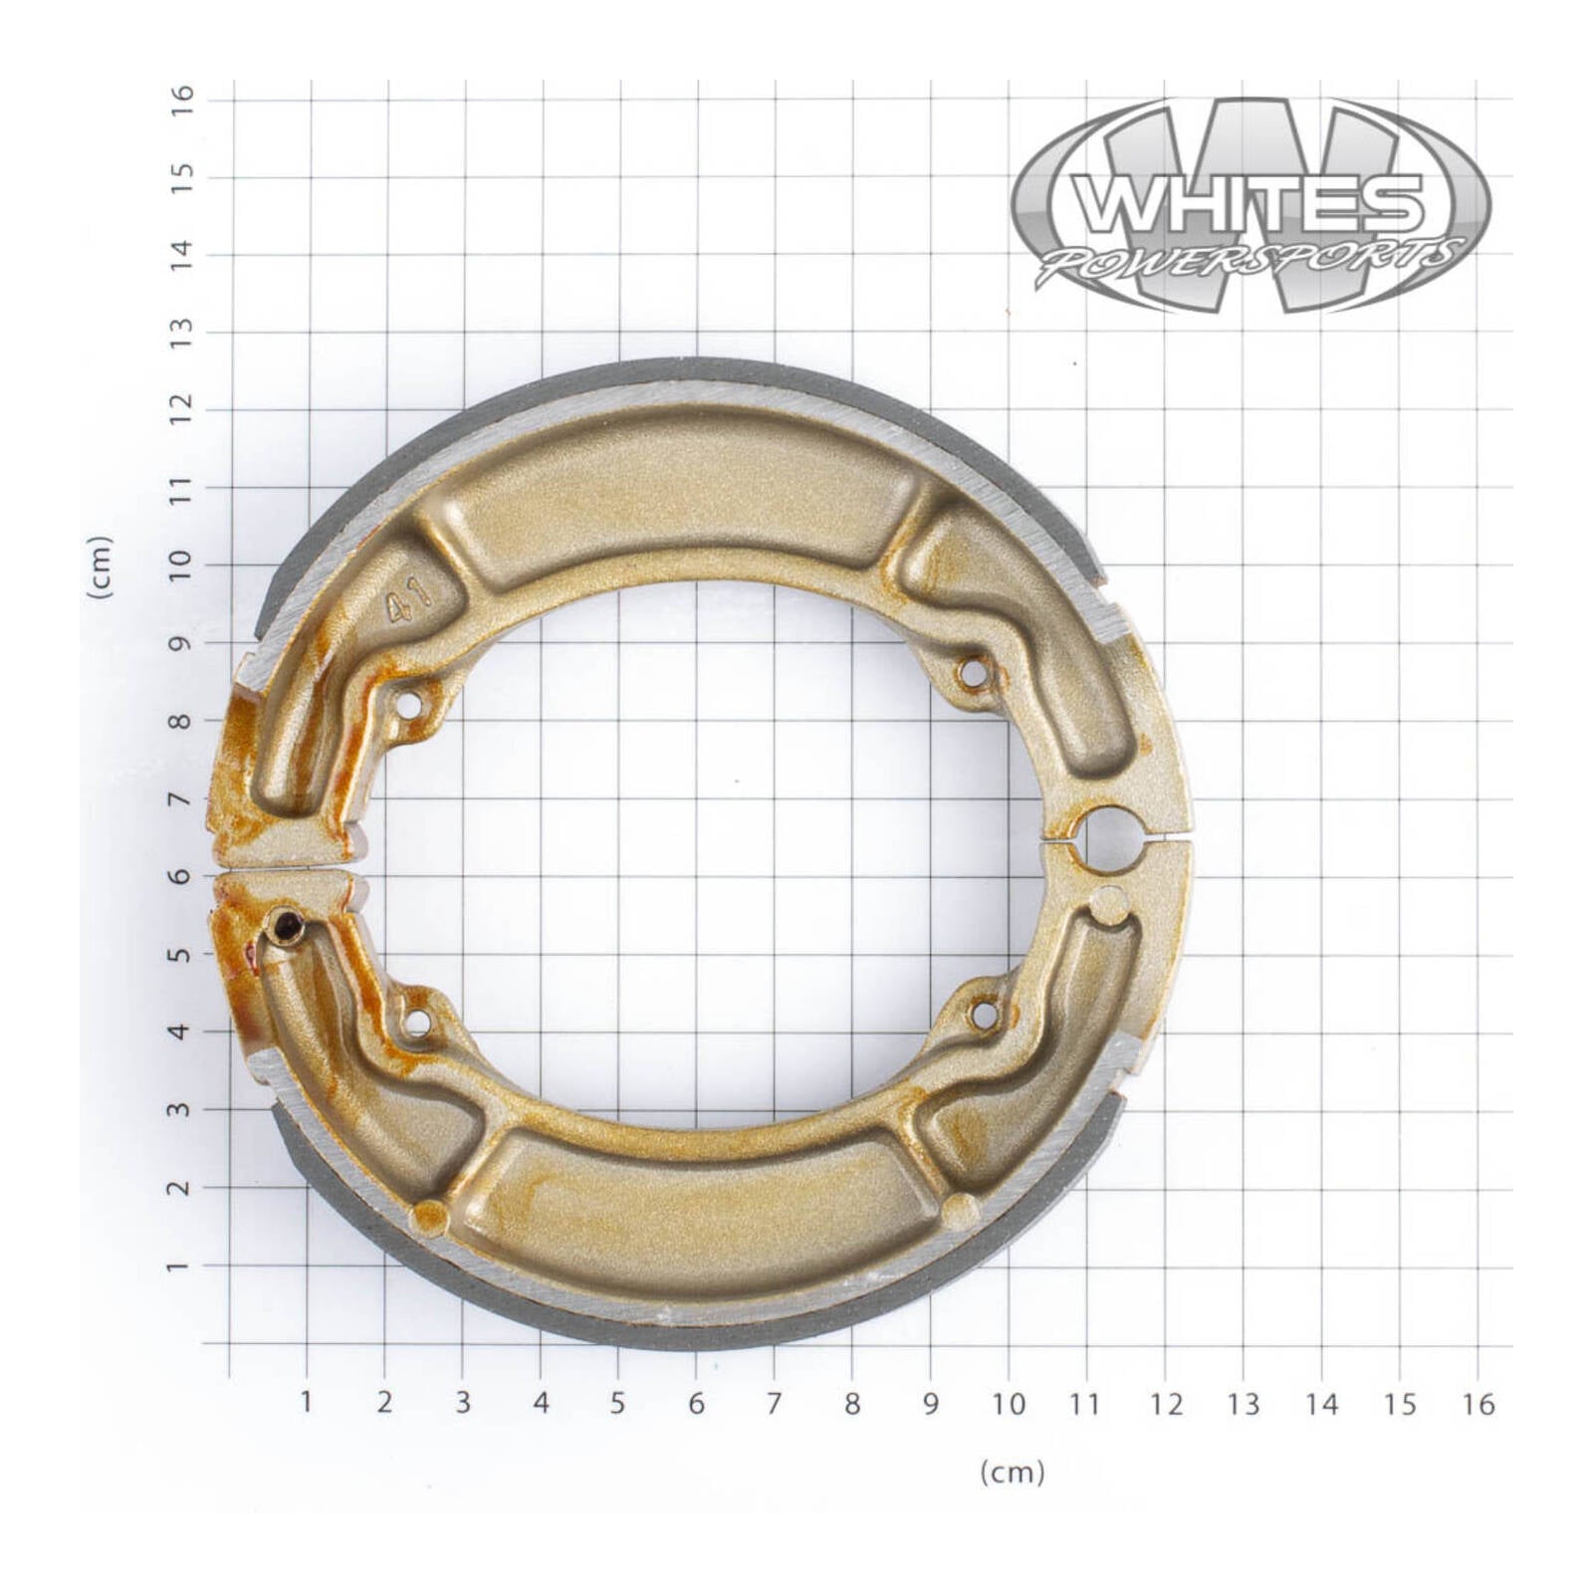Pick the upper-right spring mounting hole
pyautogui.click(x=972, y=674)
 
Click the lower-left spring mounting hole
pyautogui.click(x=418, y=1022)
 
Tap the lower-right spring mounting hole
pyautogui.click(x=984, y=1015)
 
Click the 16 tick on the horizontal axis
pyautogui.click(x=1479, y=1404)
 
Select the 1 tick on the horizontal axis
pyautogui.click(x=307, y=1402)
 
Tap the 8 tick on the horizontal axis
pyautogui.click(x=852, y=1404)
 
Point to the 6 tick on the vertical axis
pyautogui.click(x=181, y=876)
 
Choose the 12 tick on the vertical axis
pyautogui.click(x=181, y=409)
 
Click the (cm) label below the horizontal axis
pyautogui.click(x=1012, y=1472)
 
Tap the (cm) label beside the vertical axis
pyautogui.click(x=101, y=567)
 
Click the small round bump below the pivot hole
pyautogui.click(x=1108, y=904)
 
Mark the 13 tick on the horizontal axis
pyautogui.click(x=1243, y=1404)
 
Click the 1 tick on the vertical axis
pyautogui.click(x=181, y=1266)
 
